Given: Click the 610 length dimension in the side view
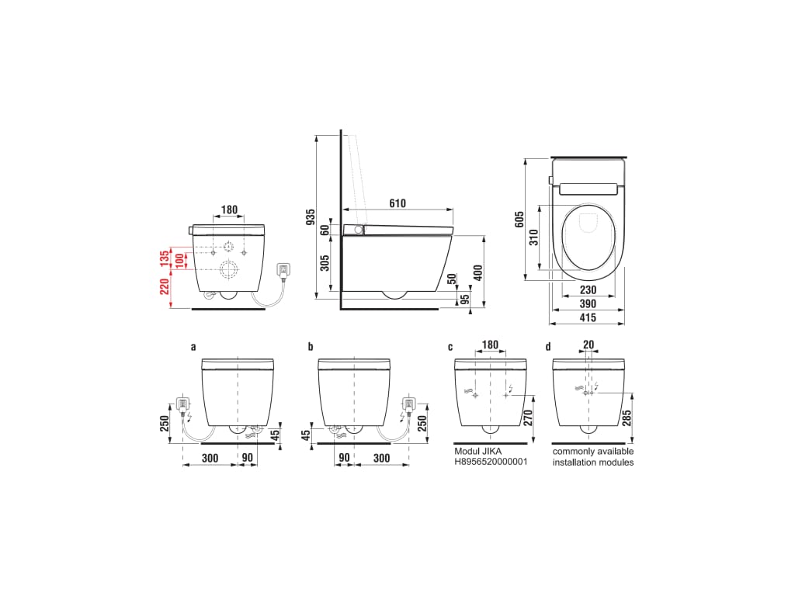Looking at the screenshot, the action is [x=397, y=203].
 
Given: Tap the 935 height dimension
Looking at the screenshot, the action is [x=311, y=217].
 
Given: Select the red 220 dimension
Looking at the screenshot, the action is [x=165, y=286].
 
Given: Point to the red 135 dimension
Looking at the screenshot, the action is [x=165, y=258].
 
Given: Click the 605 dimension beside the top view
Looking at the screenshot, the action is [x=519, y=219].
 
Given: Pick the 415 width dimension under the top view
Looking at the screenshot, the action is [x=588, y=317].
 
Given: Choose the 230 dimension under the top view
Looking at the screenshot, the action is [x=588, y=290].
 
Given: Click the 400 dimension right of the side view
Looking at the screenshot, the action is [x=477, y=272].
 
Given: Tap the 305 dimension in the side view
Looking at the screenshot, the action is [x=325, y=262].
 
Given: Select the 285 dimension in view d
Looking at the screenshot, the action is [x=627, y=418].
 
